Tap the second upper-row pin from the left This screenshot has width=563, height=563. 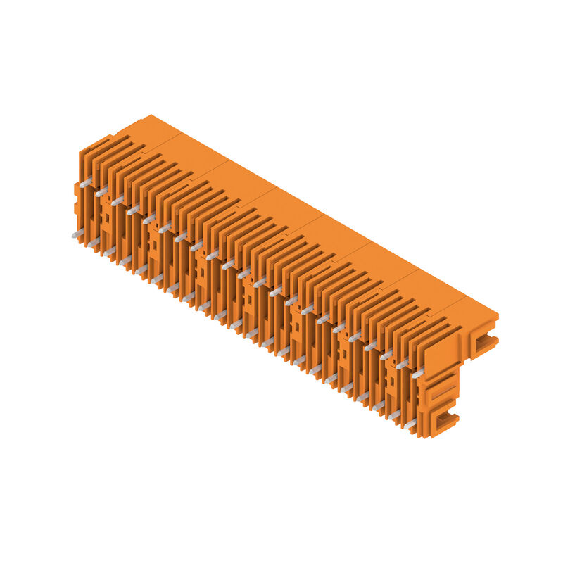pyautogui.click(x=101, y=191)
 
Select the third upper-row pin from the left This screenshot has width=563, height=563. pyautogui.click(x=117, y=201)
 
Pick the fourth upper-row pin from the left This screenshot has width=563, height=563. pyautogui.click(x=133, y=210)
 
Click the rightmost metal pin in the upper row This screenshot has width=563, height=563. pyautogui.click(x=418, y=373)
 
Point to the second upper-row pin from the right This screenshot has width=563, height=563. pyautogui.click(x=402, y=364)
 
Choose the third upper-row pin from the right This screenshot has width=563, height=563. pyautogui.click(x=386, y=355)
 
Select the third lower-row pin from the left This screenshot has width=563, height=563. pyautogui.click(x=110, y=251)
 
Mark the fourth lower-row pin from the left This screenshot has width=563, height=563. pyautogui.click(x=125, y=260)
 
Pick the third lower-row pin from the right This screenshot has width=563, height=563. pyautogui.click(x=379, y=405)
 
